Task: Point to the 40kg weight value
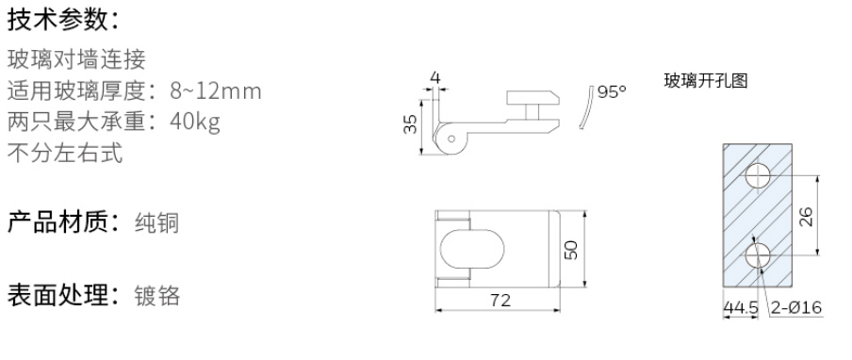196,123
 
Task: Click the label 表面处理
57,295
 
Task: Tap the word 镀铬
156,296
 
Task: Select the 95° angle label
612,92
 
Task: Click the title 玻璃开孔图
706,81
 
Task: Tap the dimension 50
573,251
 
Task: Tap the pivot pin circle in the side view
451,140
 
